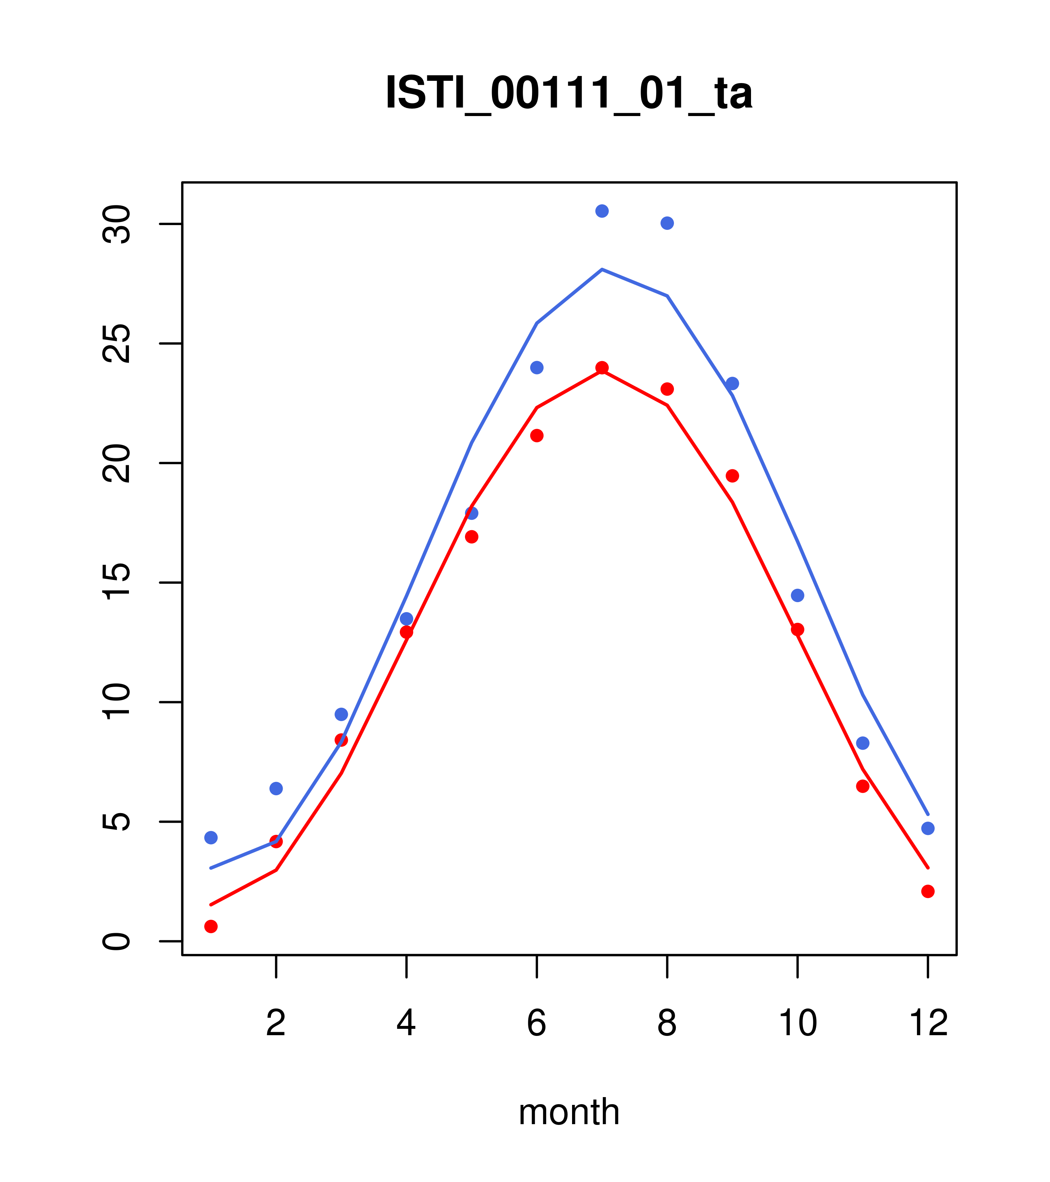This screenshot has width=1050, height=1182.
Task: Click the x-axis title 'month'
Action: [569, 1112]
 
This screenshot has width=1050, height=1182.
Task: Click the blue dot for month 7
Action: [602, 211]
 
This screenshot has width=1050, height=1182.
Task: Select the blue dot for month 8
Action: [667, 223]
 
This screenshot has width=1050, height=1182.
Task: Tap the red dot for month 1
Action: [211, 927]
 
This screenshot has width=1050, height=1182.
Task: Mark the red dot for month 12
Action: [927, 891]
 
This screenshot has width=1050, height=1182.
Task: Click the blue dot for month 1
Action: [211, 837]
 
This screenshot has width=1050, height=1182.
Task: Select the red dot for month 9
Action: [732, 476]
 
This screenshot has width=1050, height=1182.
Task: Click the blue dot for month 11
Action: [862, 743]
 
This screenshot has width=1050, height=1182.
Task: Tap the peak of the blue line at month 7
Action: [602, 270]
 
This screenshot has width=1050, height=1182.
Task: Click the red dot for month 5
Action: [472, 536]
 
